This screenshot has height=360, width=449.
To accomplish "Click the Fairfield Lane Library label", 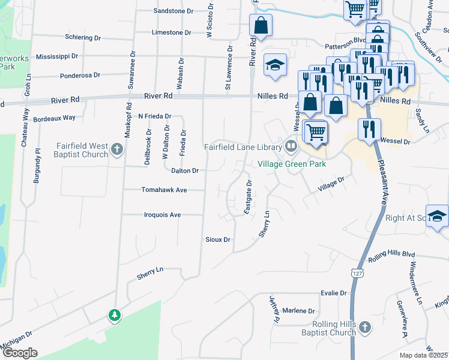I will pos(243,147).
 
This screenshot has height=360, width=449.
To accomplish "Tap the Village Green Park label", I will pos(292,163).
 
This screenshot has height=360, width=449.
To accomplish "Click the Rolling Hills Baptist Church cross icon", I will pos(364,327).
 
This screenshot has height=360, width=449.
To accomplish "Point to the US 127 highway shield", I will pos(358,273).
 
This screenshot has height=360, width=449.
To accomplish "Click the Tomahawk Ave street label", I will pos(164,190).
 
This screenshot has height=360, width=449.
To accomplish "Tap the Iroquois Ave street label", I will pos(163,214).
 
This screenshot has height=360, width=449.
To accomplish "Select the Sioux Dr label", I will pos(218,239).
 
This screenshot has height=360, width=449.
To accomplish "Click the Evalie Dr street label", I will pos(334,293).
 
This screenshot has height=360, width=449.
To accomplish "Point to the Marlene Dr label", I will pos(298,311).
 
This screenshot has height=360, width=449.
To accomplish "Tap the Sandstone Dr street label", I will pos(173,11).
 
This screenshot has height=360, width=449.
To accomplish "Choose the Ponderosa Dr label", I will pos(80,76).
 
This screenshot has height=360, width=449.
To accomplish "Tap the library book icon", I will pos(291,146).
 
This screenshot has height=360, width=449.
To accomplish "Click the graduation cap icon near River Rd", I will pos(276,64).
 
